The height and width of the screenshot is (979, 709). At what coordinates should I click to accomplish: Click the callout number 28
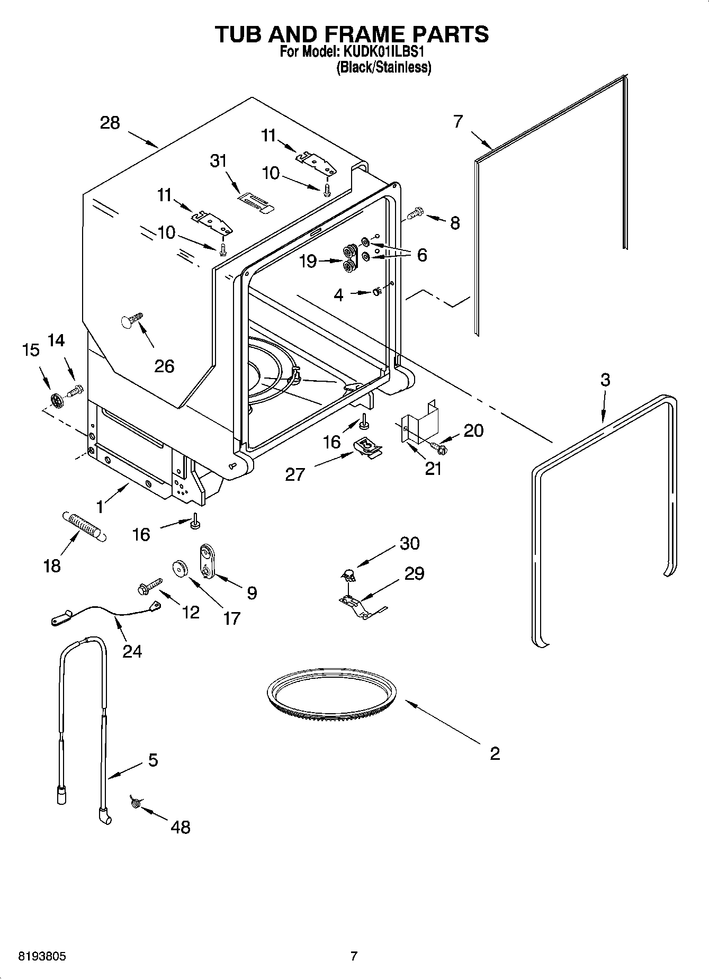[110, 123]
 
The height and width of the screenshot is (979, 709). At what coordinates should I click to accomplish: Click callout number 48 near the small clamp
[181, 827]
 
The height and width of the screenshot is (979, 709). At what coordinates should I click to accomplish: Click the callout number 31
[218, 160]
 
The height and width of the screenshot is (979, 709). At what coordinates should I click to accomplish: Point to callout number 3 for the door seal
[605, 380]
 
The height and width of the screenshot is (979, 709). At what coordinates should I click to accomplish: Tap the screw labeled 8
[415, 213]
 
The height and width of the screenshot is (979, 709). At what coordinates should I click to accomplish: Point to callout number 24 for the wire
[132, 650]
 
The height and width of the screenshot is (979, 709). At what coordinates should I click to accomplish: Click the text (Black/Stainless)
[384, 67]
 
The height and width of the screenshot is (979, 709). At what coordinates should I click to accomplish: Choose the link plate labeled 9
[205, 563]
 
